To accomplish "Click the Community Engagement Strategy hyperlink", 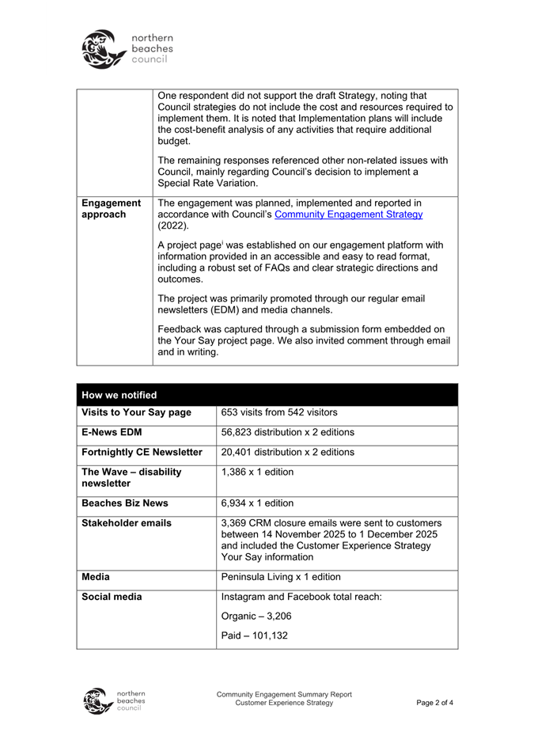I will (x=348, y=214).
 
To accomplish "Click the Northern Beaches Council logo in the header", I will (x=127, y=49).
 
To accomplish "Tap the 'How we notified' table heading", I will (x=119, y=395).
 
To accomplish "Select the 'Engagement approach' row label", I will (x=112, y=209).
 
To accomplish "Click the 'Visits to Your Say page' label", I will (x=136, y=412).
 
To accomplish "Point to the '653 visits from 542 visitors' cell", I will (x=279, y=412).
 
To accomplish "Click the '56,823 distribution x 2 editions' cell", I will (x=287, y=432).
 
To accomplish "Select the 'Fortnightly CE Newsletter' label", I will (x=142, y=452).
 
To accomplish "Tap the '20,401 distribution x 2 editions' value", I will (x=287, y=452).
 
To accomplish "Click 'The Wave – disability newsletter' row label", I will (x=131, y=477).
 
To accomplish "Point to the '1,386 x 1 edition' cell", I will (x=257, y=472).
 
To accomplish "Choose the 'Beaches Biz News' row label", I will (x=125, y=503).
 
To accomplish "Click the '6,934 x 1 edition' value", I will (x=257, y=503).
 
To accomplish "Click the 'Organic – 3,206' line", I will (x=257, y=616).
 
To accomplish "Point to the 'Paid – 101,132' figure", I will (x=255, y=635).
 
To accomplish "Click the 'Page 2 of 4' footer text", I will (x=434, y=703).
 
